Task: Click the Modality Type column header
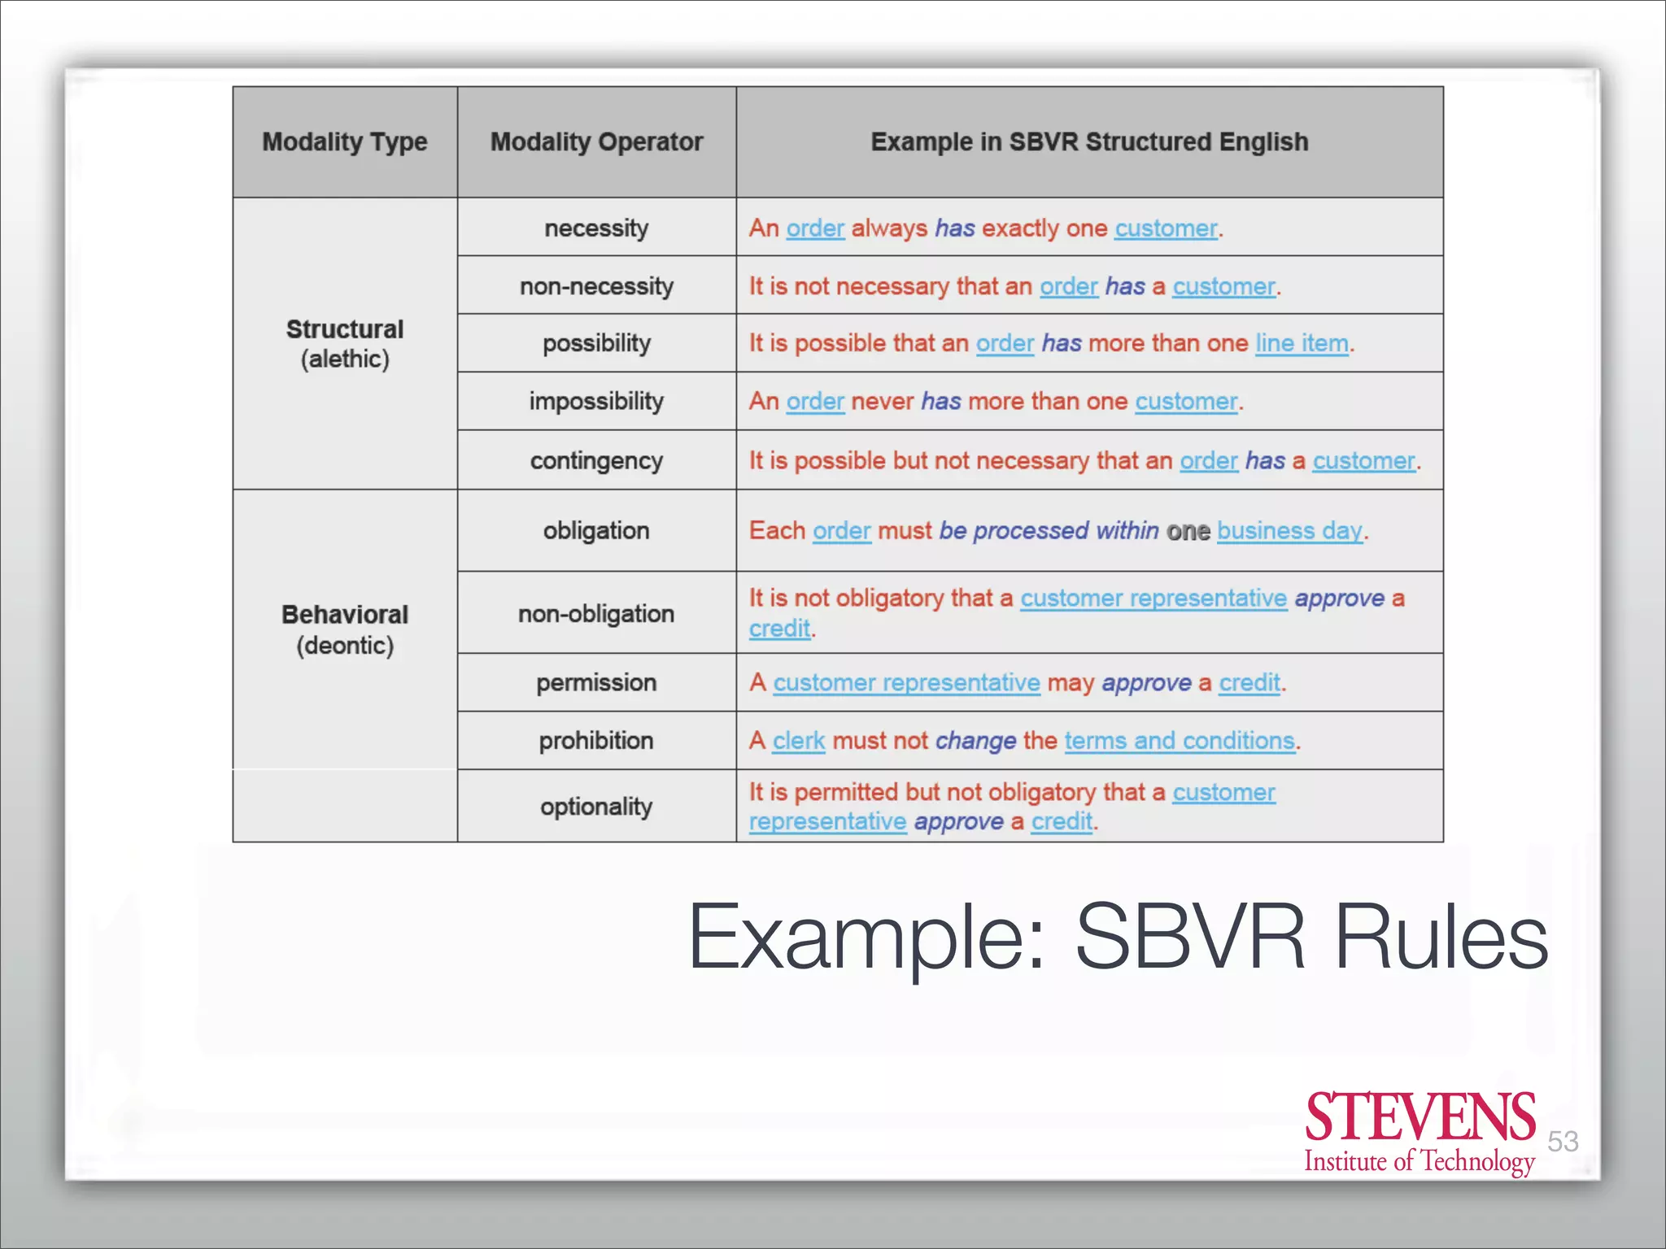(344, 142)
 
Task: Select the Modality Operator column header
(596, 142)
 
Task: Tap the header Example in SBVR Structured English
(1089, 142)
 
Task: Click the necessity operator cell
(596, 228)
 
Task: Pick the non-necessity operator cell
(596, 286)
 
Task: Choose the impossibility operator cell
(596, 401)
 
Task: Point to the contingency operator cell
(596, 460)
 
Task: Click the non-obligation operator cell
(596, 613)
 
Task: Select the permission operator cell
(596, 682)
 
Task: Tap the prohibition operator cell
(596, 741)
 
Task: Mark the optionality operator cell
(596, 807)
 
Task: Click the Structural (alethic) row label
(345, 344)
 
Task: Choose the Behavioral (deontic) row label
(345, 629)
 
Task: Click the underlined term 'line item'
(1302, 343)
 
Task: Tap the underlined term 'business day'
(1289, 531)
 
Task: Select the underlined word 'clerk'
(798, 741)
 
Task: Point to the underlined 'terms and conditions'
(1180, 741)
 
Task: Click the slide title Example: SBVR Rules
(1118, 937)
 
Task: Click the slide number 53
(1563, 1141)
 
